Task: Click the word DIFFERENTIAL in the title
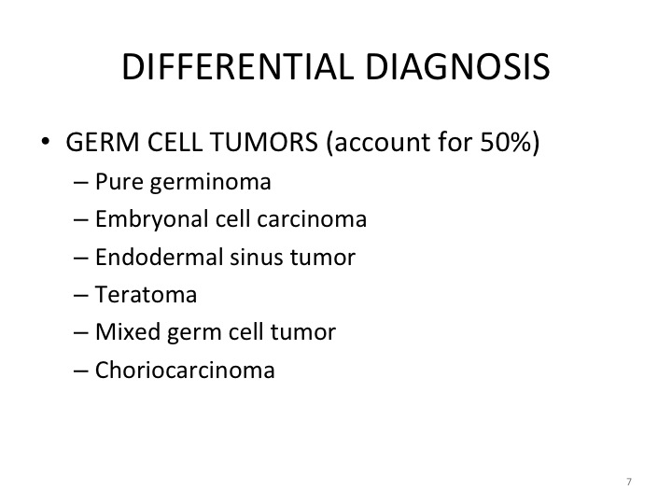tap(238, 67)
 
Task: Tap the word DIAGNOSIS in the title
tap(457, 67)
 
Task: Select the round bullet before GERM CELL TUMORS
tap(45, 141)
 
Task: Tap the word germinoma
tap(211, 183)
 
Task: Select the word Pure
tap(119, 182)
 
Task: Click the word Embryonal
tap(152, 220)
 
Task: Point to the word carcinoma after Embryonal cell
tap(312, 219)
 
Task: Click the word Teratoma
tap(146, 295)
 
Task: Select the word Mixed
tap(128, 331)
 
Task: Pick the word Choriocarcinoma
tap(185, 370)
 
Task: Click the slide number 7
tap(629, 482)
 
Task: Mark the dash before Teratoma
tap(80, 296)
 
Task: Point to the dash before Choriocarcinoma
tap(80, 371)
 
